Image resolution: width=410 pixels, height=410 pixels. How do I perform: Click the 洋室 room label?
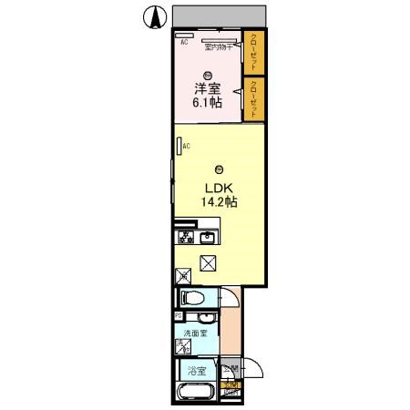[x=208, y=89]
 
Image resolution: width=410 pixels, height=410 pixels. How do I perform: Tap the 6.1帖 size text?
[x=208, y=103]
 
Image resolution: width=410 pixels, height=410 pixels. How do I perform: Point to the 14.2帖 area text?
[x=220, y=203]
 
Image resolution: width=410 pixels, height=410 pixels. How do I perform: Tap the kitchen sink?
[x=207, y=239]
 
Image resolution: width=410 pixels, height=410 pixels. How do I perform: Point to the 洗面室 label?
[x=195, y=333]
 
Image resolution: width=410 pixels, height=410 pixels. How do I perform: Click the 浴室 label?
[x=195, y=371]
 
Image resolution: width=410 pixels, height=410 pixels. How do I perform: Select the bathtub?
[x=194, y=394]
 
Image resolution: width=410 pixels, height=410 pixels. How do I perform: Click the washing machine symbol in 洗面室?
[x=182, y=346]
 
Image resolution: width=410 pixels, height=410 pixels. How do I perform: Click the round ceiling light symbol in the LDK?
[x=219, y=169]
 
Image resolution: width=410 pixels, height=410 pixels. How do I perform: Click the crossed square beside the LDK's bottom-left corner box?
[x=209, y=263]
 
